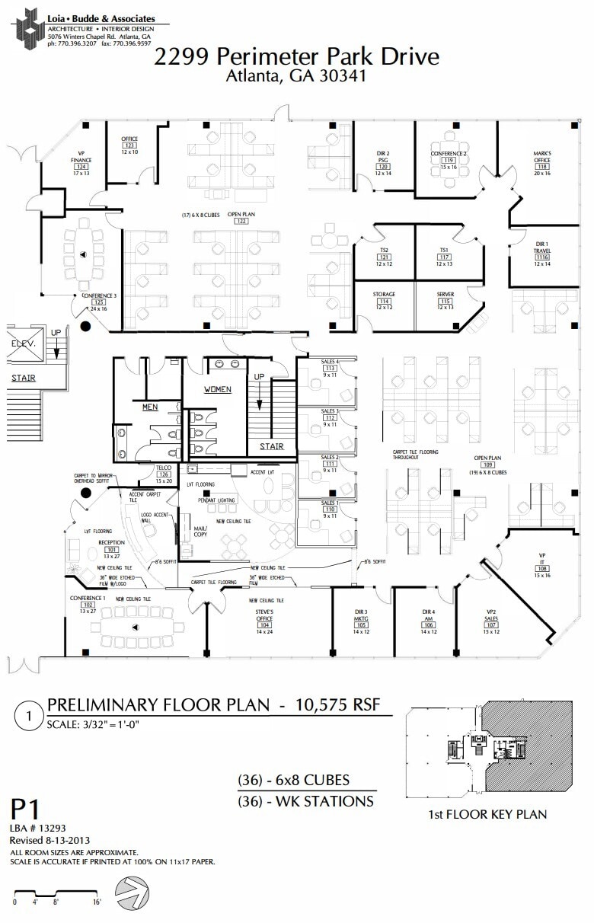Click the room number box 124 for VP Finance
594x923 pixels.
click(81, 167)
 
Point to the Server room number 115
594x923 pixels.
click(445, 301)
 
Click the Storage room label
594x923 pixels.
click(384, 294)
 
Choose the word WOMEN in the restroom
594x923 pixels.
click(216, 389)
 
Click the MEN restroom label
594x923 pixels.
click(150, 407)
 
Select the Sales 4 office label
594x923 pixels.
click(329, 361)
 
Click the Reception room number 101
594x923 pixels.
click(111, 549)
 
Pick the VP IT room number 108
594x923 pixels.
click(542, 569)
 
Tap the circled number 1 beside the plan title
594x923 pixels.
click(29, 717)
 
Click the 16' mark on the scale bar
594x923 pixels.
click(97, 902)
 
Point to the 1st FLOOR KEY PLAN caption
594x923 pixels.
click(487, 815)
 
